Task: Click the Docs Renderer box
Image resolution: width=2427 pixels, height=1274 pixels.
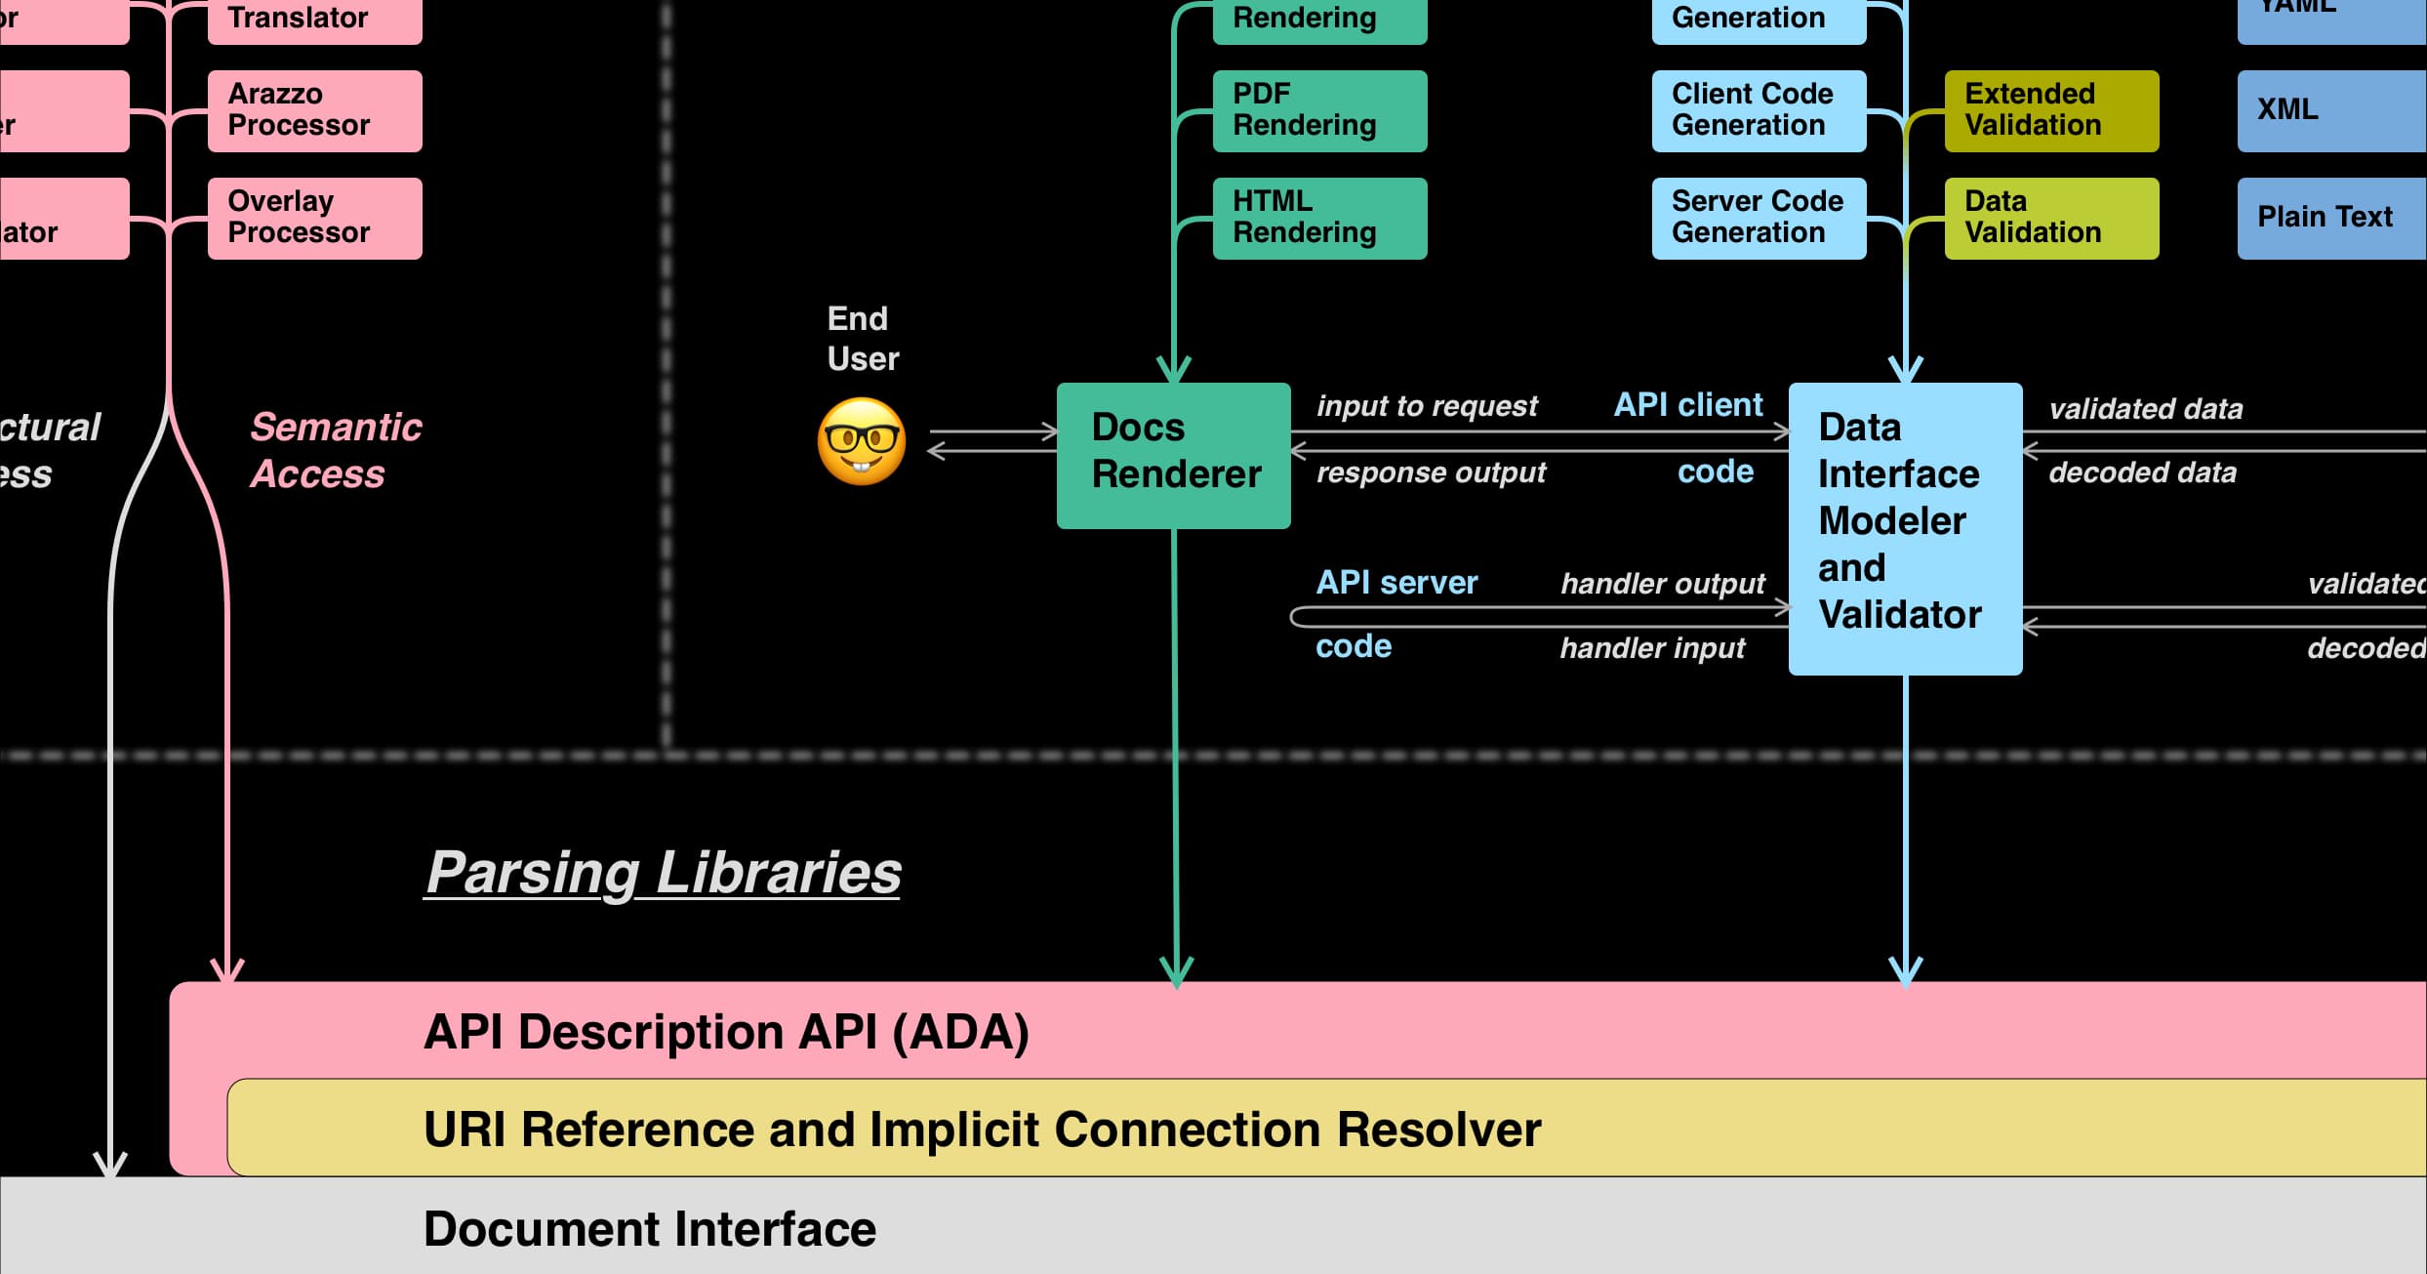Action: (1173, 455)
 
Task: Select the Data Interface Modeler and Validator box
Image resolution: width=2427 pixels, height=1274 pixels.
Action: (1904, 527)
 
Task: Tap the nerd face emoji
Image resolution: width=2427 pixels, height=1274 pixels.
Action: (861, 441)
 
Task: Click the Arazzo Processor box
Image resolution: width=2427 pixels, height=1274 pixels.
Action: (314, 110)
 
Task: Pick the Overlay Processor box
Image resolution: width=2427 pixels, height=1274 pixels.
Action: (314, 218)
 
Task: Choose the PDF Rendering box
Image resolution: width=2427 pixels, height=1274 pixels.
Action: (1318, 110)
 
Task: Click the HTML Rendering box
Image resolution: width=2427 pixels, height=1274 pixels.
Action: (1318, 218)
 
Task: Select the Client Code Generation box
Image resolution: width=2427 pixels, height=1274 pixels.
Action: (1758, 110)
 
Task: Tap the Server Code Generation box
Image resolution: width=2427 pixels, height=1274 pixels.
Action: (1758, 218)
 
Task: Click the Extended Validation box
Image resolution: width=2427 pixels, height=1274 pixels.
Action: (2050, 110)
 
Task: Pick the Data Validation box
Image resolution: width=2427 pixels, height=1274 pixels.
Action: (2050, 218)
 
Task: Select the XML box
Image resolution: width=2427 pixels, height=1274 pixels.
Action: (2330, 110)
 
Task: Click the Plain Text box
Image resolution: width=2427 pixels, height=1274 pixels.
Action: (2330, 218)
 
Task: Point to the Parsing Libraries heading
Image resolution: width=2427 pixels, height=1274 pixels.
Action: (663, 872)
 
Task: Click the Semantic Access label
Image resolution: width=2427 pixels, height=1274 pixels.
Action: (335, 450)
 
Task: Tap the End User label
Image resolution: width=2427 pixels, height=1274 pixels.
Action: (861, 339)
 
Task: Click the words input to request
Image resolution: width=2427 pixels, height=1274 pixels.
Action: (1426, 406)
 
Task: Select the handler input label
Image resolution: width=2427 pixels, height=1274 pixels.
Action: (1651, 648)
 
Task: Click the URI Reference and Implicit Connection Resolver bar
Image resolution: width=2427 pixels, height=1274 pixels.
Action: (981, 1130)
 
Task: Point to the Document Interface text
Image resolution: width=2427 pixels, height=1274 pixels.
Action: (649, 1229)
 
